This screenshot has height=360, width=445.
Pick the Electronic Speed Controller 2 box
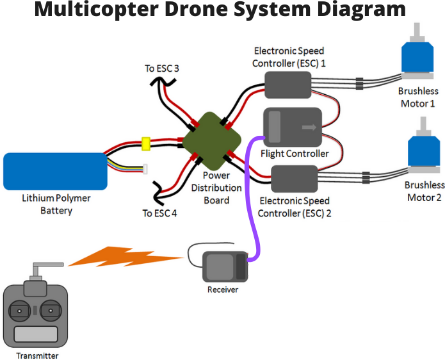pos(295,178)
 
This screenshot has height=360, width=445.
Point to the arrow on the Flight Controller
pos(311,127)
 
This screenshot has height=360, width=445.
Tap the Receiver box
pos(225,266)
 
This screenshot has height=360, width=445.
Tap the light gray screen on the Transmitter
pos(35,335)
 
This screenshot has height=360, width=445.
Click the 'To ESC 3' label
pos(161,68)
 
